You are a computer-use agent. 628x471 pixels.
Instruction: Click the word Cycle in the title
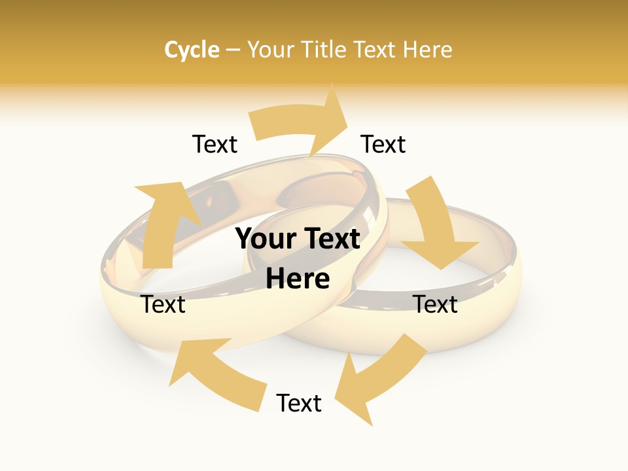pyautogui.click(x=192, y=50)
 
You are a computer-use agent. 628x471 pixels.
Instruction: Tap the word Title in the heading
pyautogui.click(x=322, y=50)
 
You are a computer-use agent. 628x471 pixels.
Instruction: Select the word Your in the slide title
pyautogui.click(x=269, y=50)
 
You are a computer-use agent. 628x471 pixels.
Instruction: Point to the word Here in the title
pyautogui.click(x=428, y=50)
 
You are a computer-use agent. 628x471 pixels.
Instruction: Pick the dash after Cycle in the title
pyautogui.click(x=234, y=50)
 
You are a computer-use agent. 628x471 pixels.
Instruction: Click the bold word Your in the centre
pyautogui.click(x=266, y=239)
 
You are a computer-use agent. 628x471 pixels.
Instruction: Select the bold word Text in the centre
pyautogui.click(x=330, y=239)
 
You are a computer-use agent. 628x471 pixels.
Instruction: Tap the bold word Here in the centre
pyautogui.click(x=298, y=279)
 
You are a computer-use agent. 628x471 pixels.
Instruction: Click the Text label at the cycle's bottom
pyautogui.click(x=299, y=403)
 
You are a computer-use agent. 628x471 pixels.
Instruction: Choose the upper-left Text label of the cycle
pyautogui.click(x=215, y=144)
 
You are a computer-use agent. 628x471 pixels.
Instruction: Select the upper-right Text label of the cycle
pyautogui.click(x=383, y=144)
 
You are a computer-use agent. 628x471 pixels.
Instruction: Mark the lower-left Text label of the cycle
pyautogui.click(x=164, y=304)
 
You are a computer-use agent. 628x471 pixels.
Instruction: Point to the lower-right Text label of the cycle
pyautogui.click(x=436, y=304)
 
